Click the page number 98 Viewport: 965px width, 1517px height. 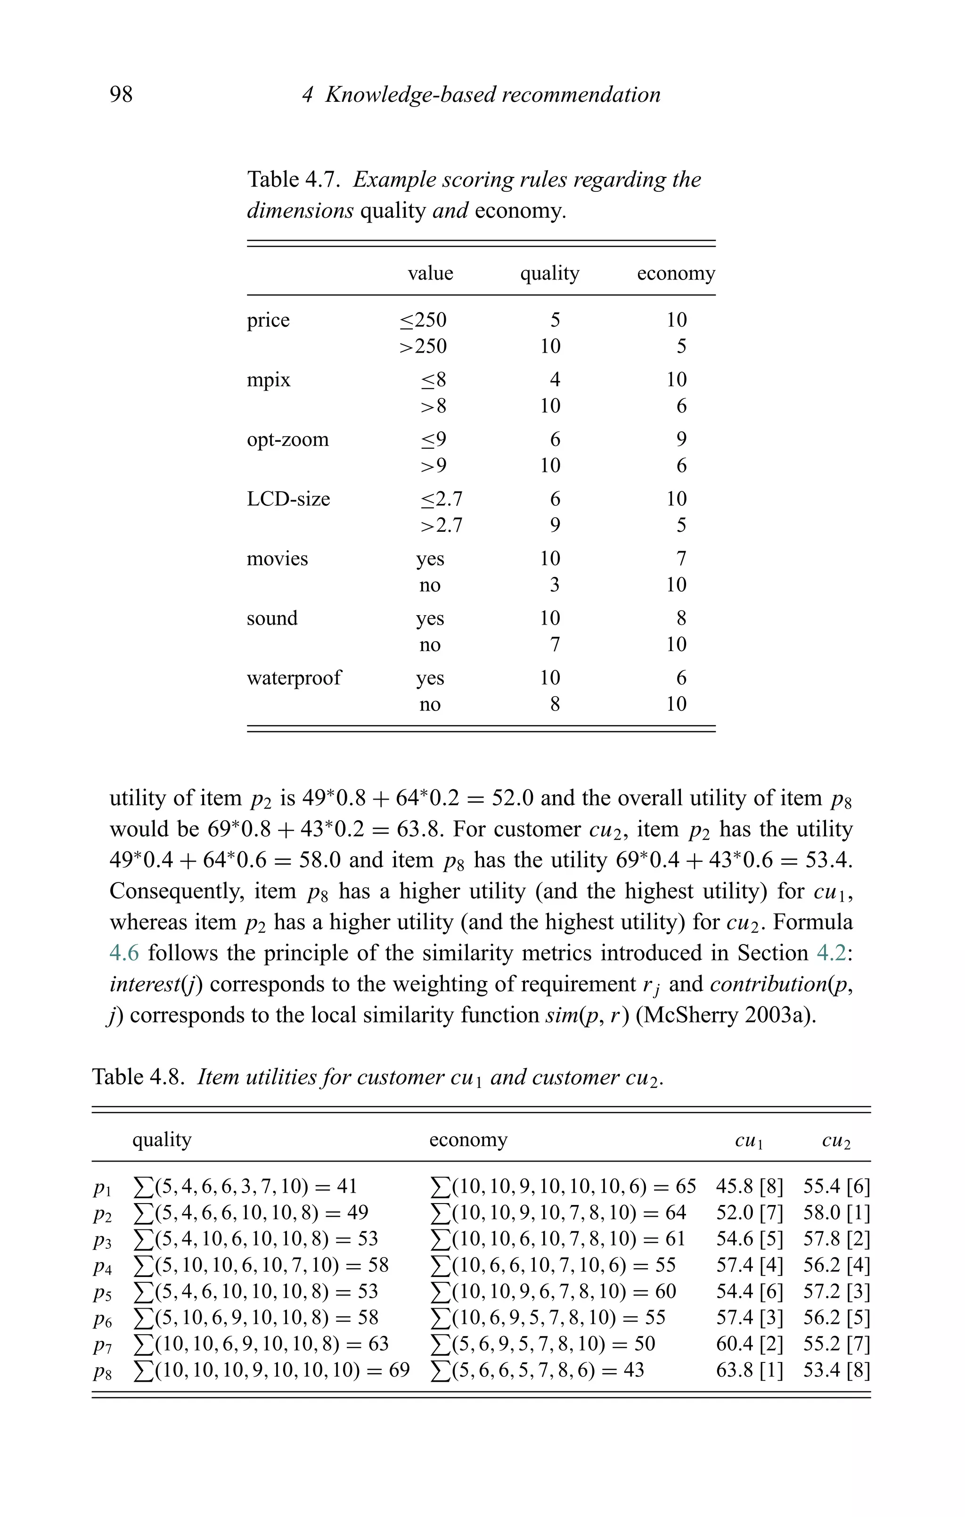(x=121, y=94)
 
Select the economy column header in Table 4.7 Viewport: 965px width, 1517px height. (x=675, y=273)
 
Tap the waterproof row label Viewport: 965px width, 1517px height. (x=294, y=677)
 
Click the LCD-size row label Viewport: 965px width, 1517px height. (x=288, y=498)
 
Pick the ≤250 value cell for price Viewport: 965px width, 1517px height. (x=423, y=320)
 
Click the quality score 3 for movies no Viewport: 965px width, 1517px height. (x=554, y=585)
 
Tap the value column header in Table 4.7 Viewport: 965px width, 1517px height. (x=430, y=273)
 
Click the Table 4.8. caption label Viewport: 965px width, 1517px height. (x=138, y=1077)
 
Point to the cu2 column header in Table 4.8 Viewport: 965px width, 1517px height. (x=836, y=1140)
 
